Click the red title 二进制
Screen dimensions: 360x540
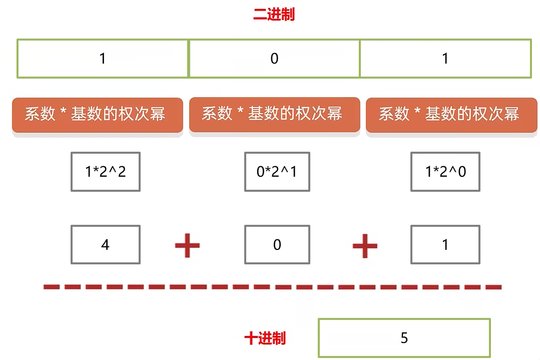[x=274, y=15]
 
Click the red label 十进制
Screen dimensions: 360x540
[x=265, y=338]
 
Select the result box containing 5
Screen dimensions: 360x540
[x=404, y=338]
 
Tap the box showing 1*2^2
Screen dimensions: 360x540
[x=106, y=172]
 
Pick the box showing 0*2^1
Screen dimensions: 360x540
[x=277, y=172]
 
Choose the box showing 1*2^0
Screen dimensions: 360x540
[x=445, y=172]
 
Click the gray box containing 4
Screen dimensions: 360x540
[x=106, y=244]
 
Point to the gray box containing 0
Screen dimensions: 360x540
[x=277, y=244]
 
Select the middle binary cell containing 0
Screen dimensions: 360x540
[x=274, y=59]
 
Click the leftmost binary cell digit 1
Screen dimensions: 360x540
[x=103, y=59]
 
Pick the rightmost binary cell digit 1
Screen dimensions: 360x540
[x=445, y=59]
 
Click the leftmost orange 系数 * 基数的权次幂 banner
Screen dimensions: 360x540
[x=97, y=115]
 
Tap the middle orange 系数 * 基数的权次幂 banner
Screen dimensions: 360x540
[x=274, y=114]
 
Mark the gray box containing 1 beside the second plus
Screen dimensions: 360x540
[x=445, y=244]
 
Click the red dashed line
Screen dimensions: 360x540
[x=273, y=287]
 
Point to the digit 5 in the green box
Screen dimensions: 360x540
[x=404, y=338]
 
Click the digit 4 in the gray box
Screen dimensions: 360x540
[x=106, y=245]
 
